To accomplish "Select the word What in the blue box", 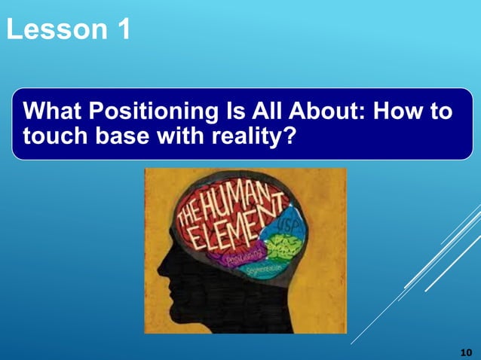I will [54, 113].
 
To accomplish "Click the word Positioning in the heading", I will [150, 113].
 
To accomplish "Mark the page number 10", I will [465, 351].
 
